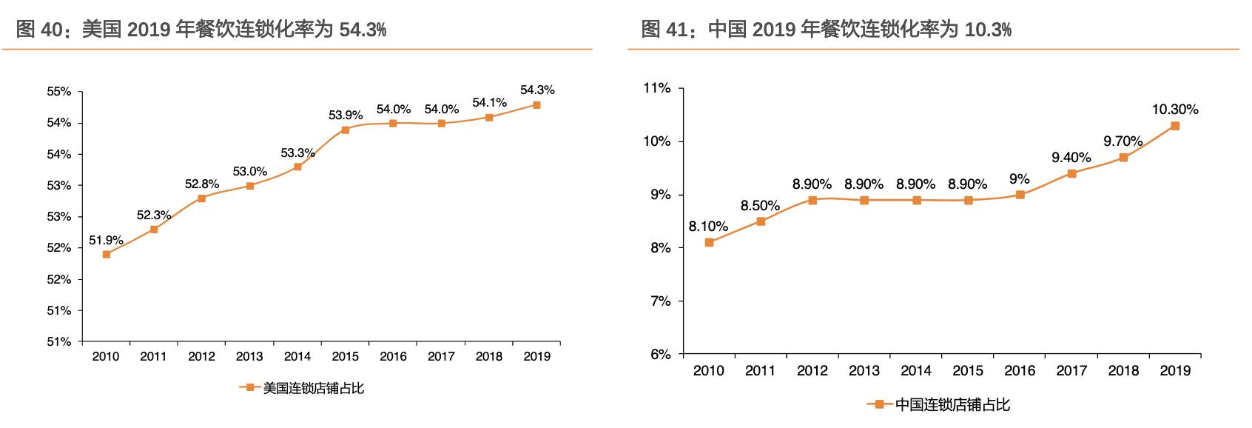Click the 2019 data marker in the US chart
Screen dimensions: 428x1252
coord(536,105)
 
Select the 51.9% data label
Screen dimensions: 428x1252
coord(106,240)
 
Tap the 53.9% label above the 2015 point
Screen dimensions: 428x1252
coord(346,115)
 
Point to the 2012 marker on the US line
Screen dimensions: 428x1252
coord(201,198)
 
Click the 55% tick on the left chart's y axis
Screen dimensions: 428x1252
coord(59,92)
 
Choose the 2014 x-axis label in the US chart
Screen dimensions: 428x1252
coord(297,356)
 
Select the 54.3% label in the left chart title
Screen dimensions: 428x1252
coord(362,30)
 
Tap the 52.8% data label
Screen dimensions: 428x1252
coord(202,184)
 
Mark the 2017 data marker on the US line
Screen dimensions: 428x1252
coord(441,124)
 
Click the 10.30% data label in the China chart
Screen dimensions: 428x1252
coord(1175,110)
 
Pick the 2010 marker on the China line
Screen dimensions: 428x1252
coord(709,242)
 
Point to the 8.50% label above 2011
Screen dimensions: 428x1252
coord(761,206)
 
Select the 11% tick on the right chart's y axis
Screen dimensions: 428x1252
coord(657,88)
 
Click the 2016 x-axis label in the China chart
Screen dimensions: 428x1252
coord(1020,370)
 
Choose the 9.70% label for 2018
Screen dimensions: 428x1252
coord(1123,141)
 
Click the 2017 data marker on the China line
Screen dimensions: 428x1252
coord(1071,173)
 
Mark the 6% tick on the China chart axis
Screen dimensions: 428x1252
coord(660,354)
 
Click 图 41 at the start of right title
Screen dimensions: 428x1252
coord(662,30)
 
